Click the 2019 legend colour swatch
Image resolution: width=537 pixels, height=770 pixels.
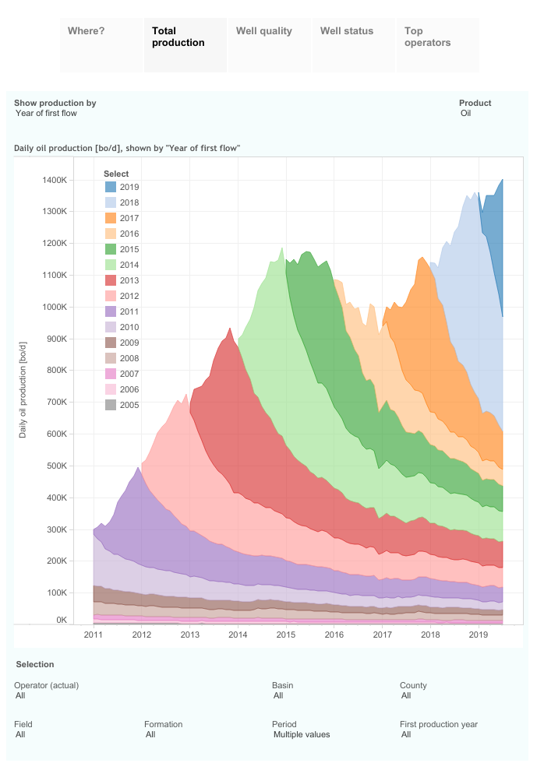click(x=111, y=187)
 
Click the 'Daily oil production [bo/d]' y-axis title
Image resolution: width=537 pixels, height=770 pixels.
click(x=23, y=389)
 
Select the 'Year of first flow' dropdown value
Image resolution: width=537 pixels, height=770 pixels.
click(x=46, y=114)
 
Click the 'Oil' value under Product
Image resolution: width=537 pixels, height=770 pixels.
click(x=466, y=114)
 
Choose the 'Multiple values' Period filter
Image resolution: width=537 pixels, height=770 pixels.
click(x=302, y=734)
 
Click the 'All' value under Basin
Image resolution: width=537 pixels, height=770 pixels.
click(x=278, y=696)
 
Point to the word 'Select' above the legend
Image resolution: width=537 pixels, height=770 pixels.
click(x=117, y=174)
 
